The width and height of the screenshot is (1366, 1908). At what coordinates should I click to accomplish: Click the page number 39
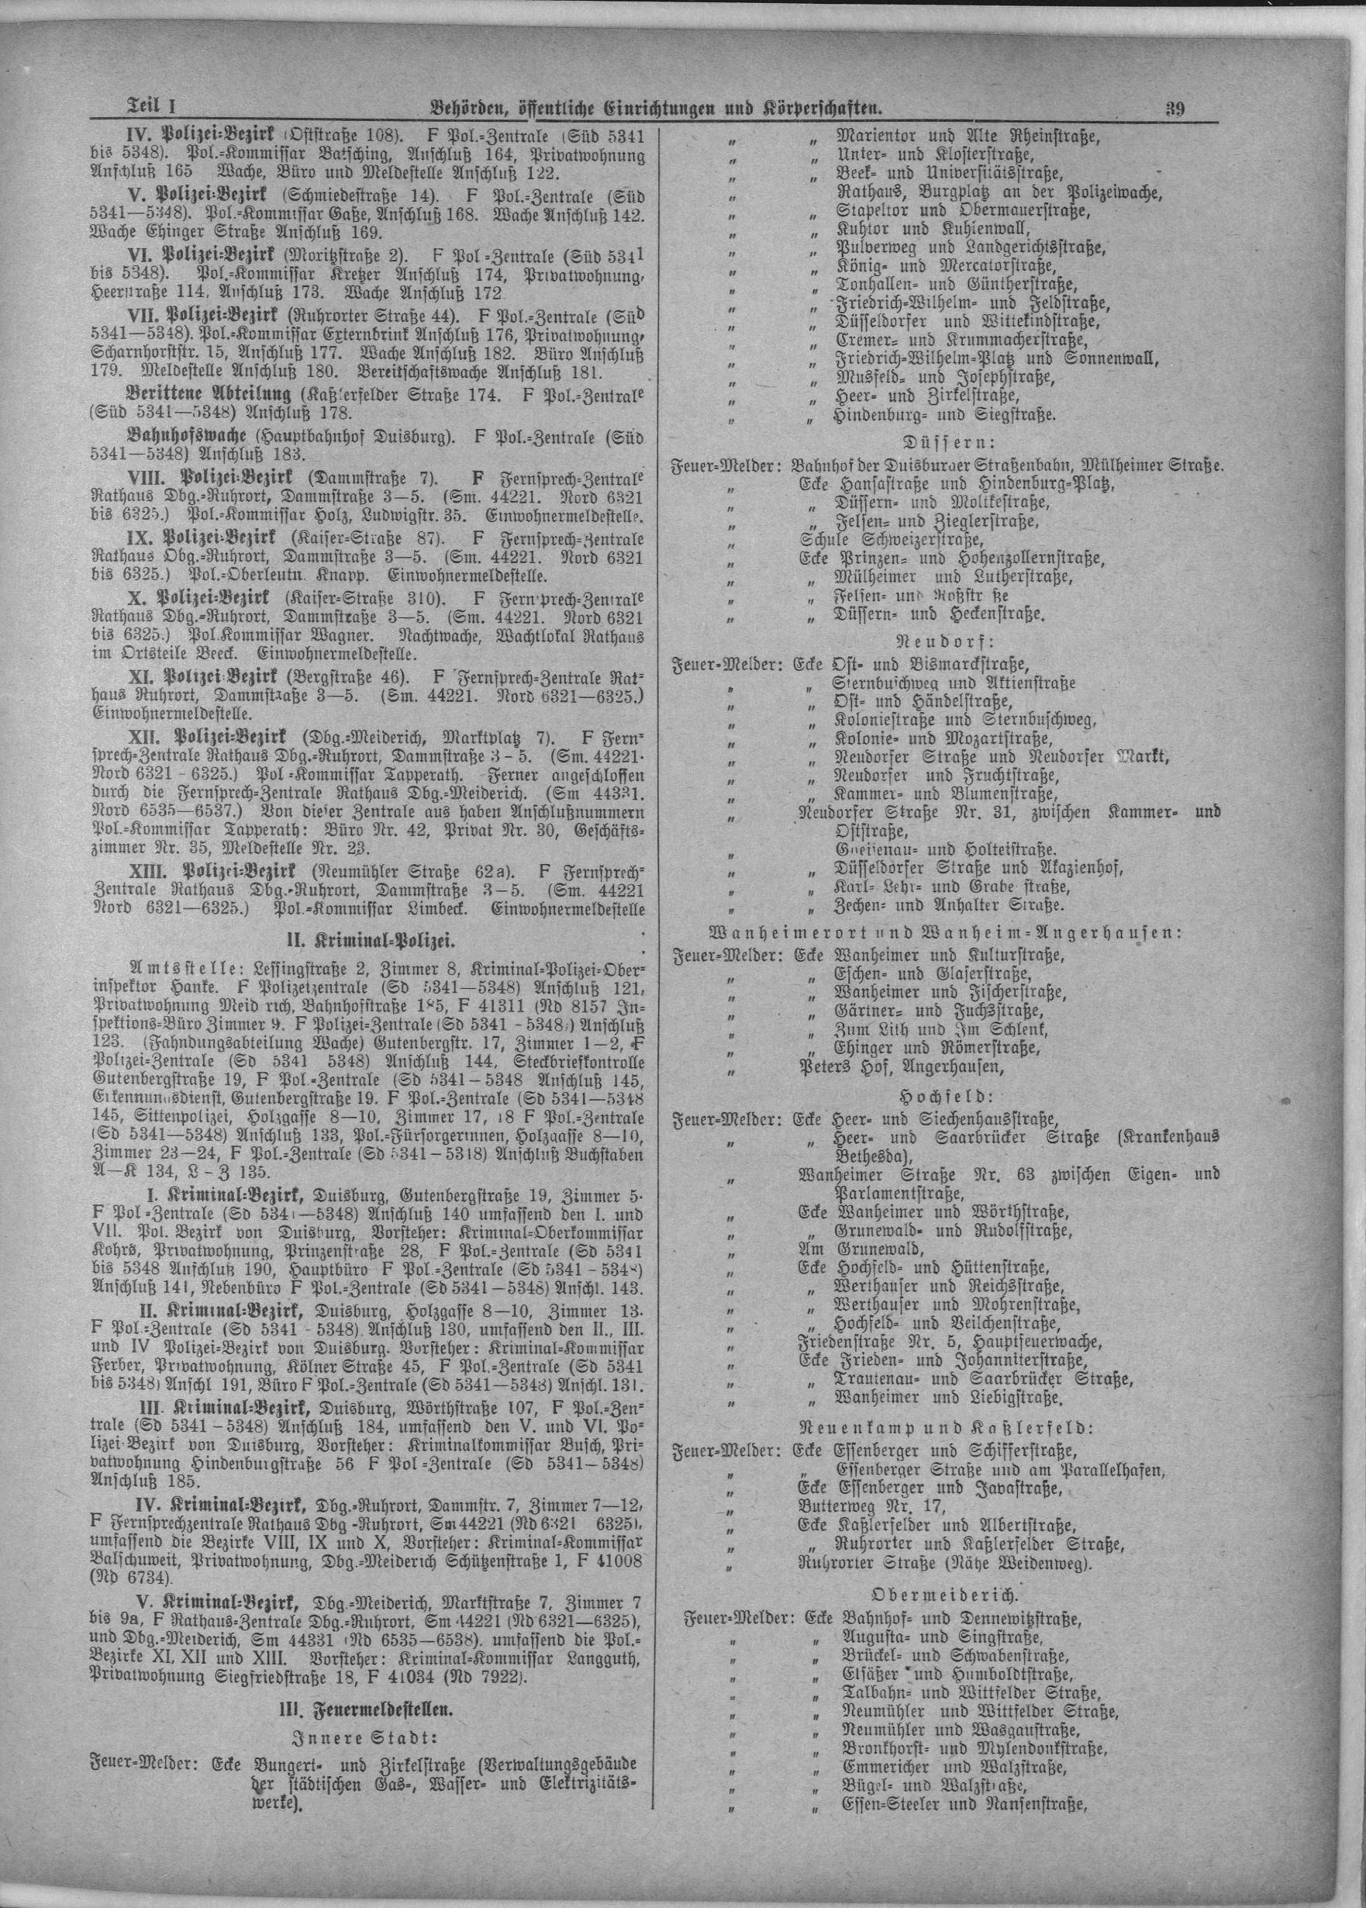tap(1175, 107)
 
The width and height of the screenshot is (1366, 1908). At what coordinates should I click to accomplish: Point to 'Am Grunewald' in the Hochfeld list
tap(861, 1249)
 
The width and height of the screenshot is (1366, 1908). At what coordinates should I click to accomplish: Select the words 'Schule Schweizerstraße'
tap(891, 539)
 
